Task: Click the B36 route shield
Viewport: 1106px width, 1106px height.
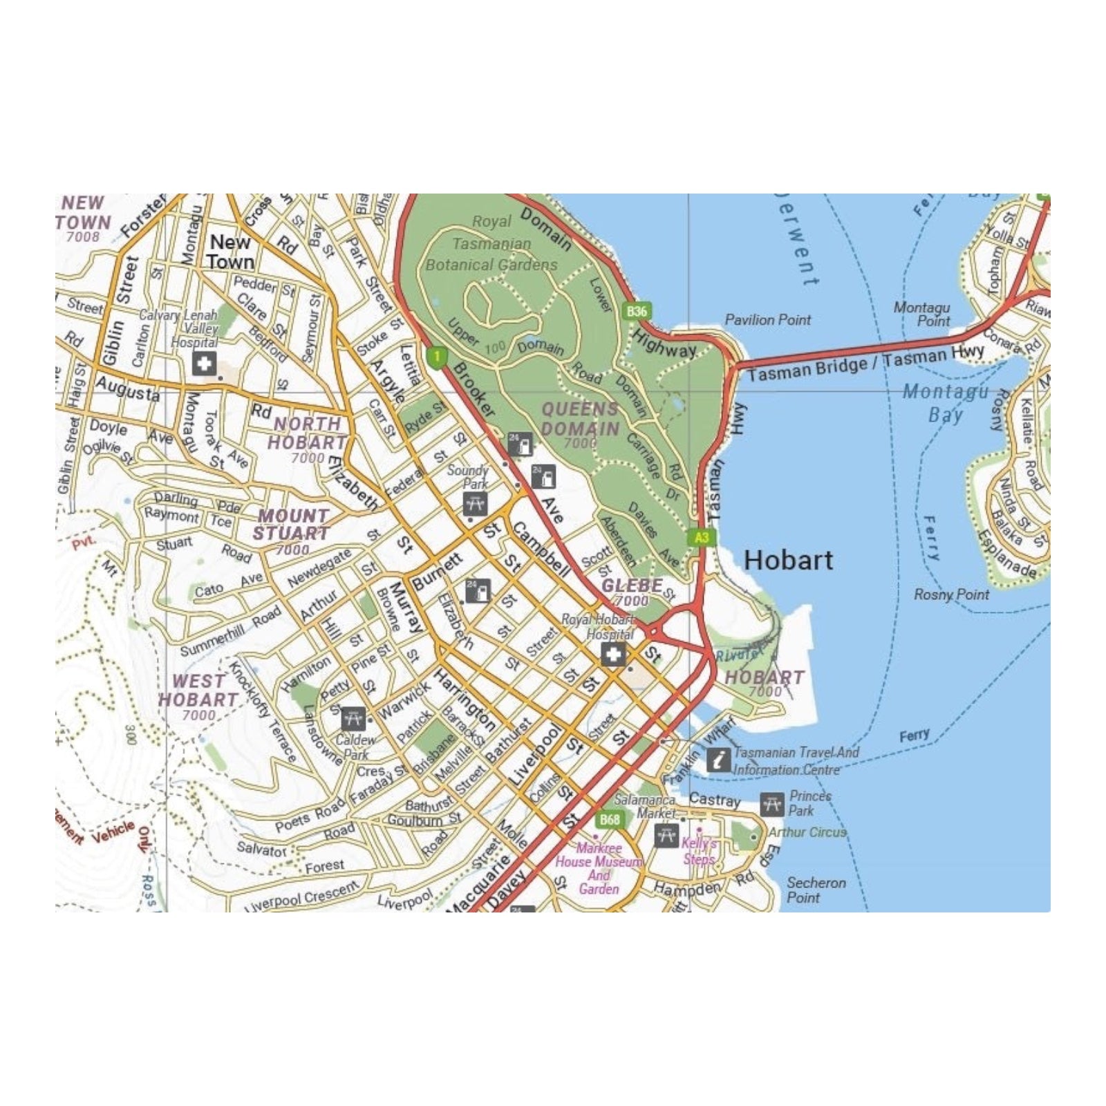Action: click(x=637, y=311)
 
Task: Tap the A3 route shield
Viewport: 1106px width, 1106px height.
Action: click(x=701, y=538)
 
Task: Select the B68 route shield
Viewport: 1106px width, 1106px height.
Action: click(x=610, y=820)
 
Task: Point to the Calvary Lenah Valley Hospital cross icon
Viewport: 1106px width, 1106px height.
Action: click(x=204, y=364)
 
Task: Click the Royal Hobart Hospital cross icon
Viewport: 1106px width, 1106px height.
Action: click(x=613, y=654)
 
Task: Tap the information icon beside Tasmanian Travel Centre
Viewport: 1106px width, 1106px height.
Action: click(x=719, y=760)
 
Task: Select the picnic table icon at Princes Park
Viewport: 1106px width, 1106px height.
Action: click(x=772, y=805)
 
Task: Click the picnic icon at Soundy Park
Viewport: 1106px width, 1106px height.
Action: click(x=475, y=503)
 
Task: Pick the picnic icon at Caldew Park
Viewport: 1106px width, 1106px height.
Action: click(x=353, y=719)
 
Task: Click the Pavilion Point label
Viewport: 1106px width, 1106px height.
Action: click(x=767, y=320)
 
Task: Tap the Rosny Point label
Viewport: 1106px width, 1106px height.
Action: click(x=951, y=594)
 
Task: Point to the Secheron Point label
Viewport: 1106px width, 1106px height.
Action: click(x=816, y=890)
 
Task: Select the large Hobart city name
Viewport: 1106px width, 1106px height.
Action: click(x=788, y=560)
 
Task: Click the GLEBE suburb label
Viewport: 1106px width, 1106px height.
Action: click(x=632, y=585)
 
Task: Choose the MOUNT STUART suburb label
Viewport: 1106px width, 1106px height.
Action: click(x=291, y=525)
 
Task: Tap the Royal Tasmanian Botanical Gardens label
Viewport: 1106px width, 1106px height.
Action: click(x=491, y=243)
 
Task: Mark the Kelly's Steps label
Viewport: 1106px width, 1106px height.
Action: click(x=698, y=851)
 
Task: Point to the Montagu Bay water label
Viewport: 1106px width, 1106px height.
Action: click(x=946, y=403)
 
